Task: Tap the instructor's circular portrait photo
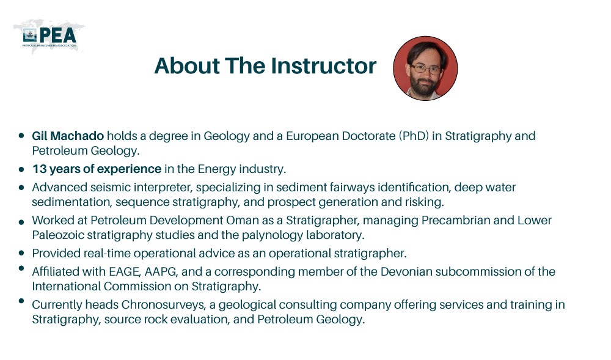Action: (x=425, y=68)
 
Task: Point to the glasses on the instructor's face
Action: (x=426, y=68)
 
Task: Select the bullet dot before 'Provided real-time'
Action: (x=22, y=252)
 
